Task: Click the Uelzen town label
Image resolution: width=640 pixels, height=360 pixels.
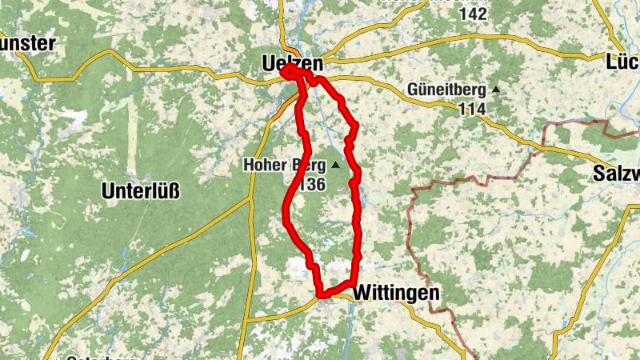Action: coord(292,63)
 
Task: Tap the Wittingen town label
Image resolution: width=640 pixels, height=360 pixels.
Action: coord(397,294)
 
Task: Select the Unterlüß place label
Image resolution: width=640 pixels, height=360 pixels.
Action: coord(141,190)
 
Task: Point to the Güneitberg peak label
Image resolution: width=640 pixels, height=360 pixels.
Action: coord(448,90)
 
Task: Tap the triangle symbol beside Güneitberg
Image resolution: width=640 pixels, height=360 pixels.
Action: coord(496,90)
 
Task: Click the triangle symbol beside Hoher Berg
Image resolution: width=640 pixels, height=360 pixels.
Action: coord(335,166)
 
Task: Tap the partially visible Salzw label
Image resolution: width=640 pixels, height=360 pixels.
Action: coord(617,174)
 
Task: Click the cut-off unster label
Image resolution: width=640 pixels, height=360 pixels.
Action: coord(27,42)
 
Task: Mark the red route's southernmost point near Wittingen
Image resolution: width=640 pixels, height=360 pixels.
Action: coord(322,296)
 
